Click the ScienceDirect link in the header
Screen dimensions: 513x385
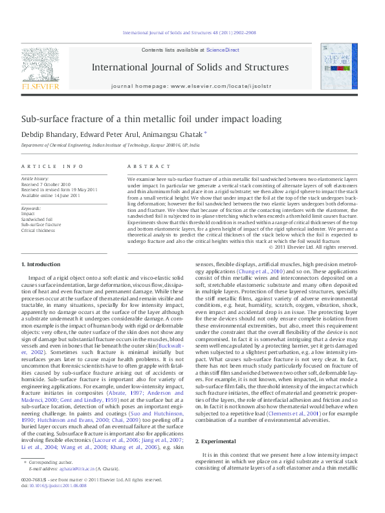pos(223,50)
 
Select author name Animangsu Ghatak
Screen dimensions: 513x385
pos(179,135)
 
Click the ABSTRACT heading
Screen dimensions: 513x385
pos(145,167)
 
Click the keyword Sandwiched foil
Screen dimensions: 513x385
pos(38,219)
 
